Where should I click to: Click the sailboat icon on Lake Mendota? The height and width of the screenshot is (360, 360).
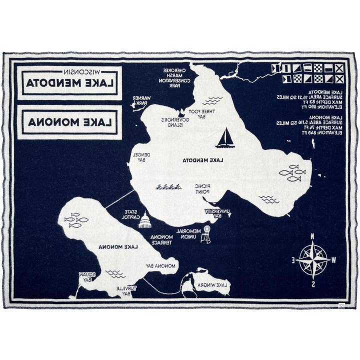coord(225,138)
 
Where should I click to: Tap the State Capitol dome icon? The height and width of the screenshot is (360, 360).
coord(145,220)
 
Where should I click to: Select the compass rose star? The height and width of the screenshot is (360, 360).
coord(312,259)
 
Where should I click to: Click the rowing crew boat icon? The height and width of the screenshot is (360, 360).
coord(168,187)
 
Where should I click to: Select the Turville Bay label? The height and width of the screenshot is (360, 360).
coord(123,291)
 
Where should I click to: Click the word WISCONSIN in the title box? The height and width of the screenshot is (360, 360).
coord(70,70)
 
